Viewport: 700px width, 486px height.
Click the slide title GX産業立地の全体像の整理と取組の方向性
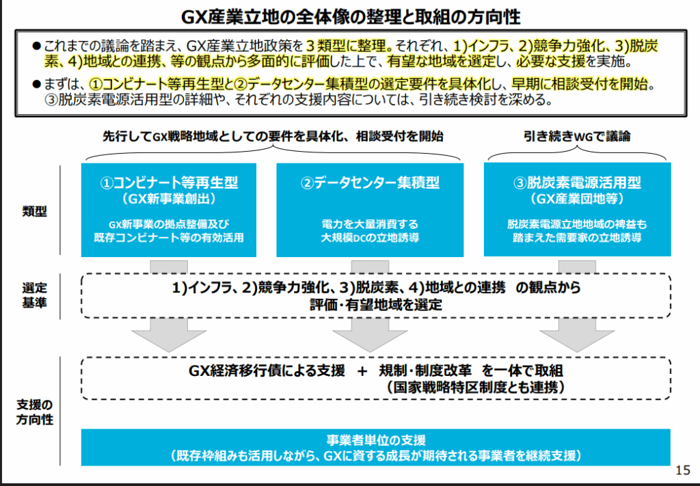coord(351,17)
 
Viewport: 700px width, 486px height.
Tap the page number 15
coord(682,470)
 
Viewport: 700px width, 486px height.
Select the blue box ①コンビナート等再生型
coord(169,210)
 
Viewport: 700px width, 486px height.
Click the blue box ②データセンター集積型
coord(370,210)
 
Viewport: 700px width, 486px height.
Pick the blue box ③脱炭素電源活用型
coord(577,209)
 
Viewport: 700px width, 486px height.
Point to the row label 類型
coord(35,211)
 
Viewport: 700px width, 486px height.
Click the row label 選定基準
coord(35,295)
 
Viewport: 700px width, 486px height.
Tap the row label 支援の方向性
coord(35,412)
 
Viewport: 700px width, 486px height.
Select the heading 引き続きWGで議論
coord(577,136)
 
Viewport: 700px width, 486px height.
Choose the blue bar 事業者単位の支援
coord(376,447)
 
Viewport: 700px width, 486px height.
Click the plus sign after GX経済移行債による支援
coord(362,371)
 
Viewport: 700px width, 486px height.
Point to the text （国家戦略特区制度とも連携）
coord(476,387)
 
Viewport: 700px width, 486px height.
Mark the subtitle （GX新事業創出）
coord(168,199)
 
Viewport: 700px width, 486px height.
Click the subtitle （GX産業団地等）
coord(577,199)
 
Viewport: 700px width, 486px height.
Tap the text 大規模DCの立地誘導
coord(370,237)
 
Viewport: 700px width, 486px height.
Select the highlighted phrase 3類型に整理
coord(347,46)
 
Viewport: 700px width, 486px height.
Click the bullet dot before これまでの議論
coord(37,46)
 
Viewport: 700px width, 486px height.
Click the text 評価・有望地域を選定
coord(376,304)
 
